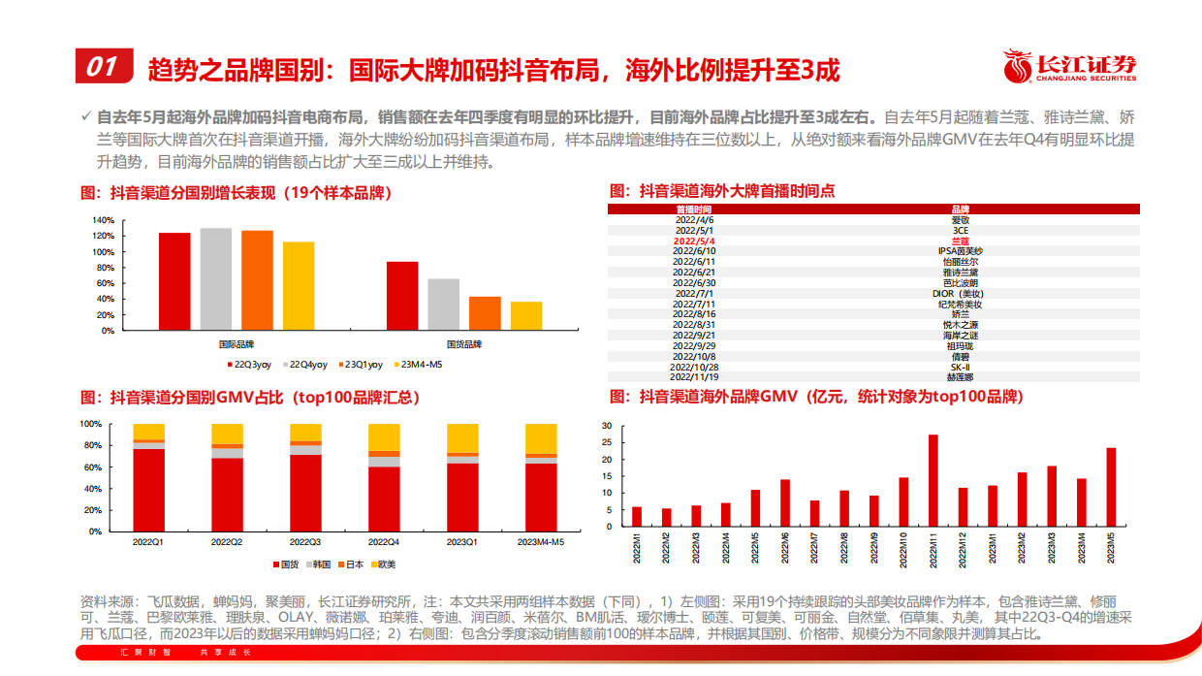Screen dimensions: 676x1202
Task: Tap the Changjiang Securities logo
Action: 1071,67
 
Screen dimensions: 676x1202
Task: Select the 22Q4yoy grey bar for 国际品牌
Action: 216,278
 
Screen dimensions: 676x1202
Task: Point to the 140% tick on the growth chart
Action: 103,220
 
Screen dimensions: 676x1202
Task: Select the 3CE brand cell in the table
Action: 960,230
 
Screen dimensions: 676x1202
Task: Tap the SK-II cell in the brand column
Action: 960,369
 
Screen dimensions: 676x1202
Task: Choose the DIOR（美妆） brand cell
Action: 960,293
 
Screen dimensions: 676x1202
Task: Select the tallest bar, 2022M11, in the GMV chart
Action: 933,480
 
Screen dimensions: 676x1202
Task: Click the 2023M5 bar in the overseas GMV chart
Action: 1111,487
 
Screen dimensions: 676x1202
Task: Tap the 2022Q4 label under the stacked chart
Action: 385,540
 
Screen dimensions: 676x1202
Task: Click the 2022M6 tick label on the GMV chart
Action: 785,547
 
